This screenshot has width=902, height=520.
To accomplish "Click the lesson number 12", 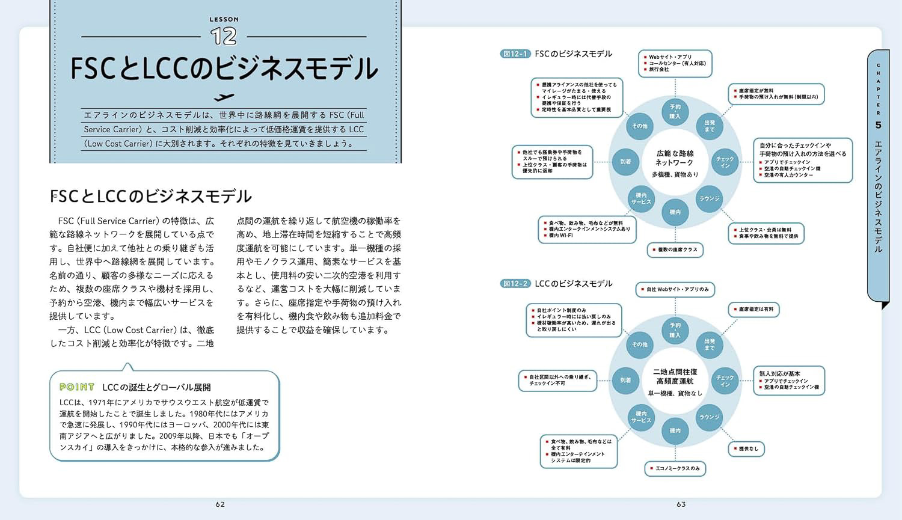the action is click(x=224, y=37).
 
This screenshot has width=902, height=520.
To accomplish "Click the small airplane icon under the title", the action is click(x=224, y=97).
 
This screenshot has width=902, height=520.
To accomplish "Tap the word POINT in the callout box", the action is click(x=77, y=387).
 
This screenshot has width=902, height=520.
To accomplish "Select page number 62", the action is click(x=220, y=504).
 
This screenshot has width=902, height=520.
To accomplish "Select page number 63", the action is click(x=681, y=504).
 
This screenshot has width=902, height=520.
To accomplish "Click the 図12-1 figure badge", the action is click(x=515, y=54).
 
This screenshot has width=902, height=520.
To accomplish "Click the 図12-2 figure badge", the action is click(x=515, y=284).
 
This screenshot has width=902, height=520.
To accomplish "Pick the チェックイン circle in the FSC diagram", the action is click(x=725, y=162).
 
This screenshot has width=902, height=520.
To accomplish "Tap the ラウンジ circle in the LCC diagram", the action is click(x=710, y=417).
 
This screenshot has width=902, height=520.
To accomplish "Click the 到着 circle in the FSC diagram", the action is click(x=625, y=162).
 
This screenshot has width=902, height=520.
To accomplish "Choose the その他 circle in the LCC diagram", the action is click(x=640, y=344).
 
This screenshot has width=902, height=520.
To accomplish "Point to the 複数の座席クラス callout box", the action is click(x=675, y=249).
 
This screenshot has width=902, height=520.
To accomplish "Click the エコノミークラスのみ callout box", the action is click(x=675, y=468).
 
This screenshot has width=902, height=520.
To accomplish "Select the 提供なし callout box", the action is click(x=746, y=448).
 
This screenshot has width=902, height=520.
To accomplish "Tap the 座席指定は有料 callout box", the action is click(x=754, y=310).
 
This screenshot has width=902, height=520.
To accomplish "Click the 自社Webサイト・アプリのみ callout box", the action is click(x=675, y=289).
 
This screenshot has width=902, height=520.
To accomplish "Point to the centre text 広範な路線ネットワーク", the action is click(x=675, y=158).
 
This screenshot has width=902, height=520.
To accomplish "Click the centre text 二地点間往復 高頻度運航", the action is click(x=675, y=376).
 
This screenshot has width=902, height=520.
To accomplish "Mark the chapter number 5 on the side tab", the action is click(x=879, y=125).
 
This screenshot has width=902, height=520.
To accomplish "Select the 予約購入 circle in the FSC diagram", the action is click(x=675, y=111).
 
